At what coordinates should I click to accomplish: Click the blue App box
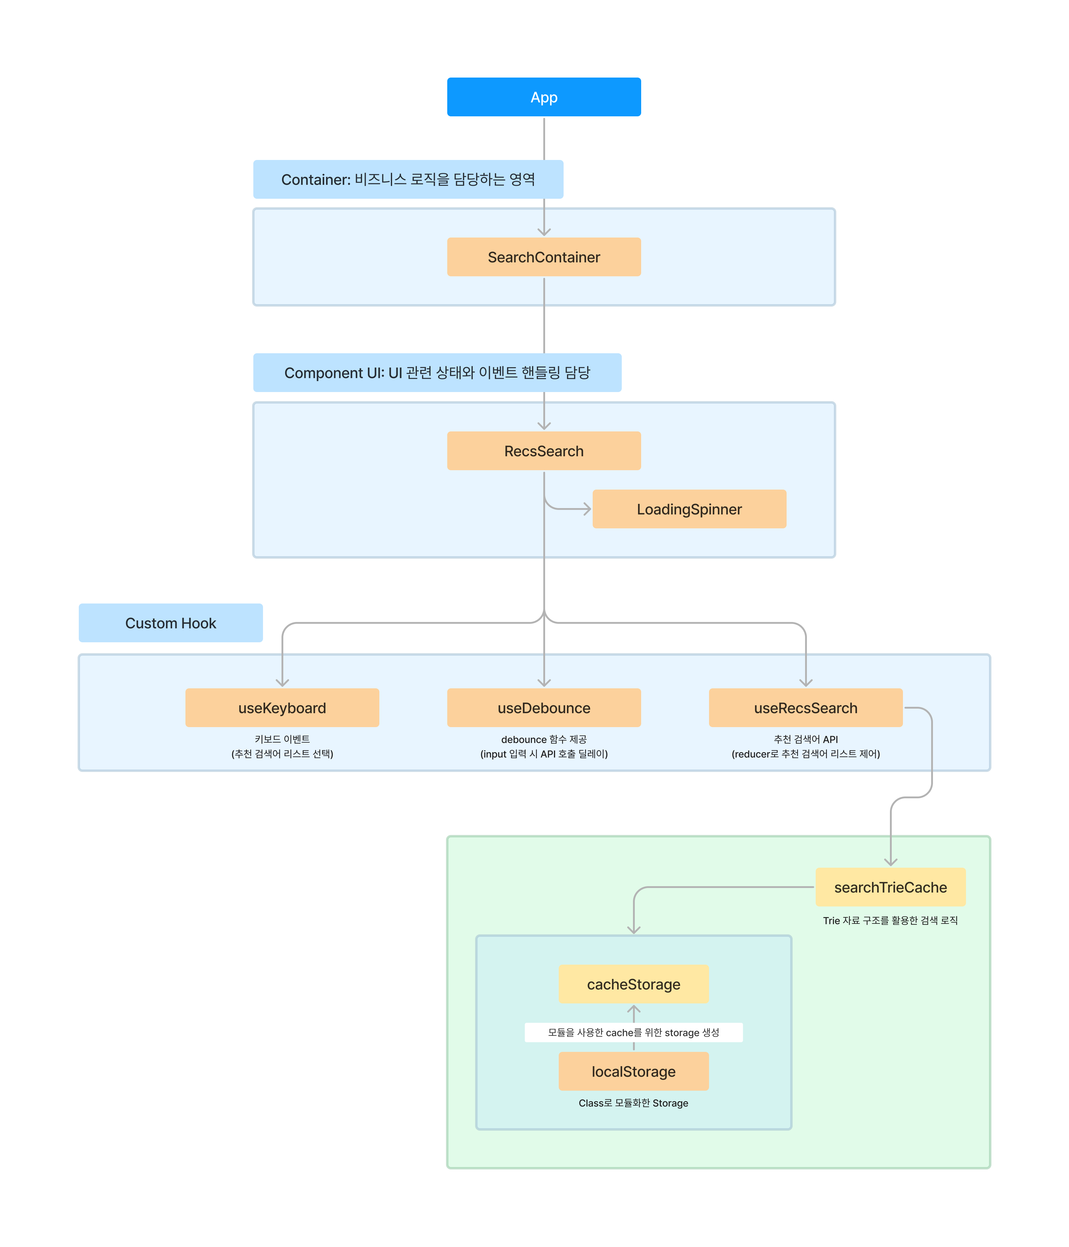[544, 97]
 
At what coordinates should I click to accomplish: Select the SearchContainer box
[544, 257]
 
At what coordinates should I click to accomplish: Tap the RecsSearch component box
[544, 451]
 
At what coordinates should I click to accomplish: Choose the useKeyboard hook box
[282, 708]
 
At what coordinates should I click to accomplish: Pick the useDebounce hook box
[544, 708]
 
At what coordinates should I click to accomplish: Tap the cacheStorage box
[633, 984]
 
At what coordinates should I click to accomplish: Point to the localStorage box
[633, 1071]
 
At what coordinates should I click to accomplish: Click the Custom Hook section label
[170, 623]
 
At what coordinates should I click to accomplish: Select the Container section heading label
[408, 179]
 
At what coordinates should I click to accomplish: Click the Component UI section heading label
[437, 373]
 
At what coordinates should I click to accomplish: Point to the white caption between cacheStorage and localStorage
[633, 1032]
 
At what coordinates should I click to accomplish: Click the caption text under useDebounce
[544, 746]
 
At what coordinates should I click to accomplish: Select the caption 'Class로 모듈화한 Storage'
[633, 1102]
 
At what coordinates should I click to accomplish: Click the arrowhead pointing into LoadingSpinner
[587, 509]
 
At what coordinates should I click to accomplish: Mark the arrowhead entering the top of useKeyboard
[282, 682]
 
